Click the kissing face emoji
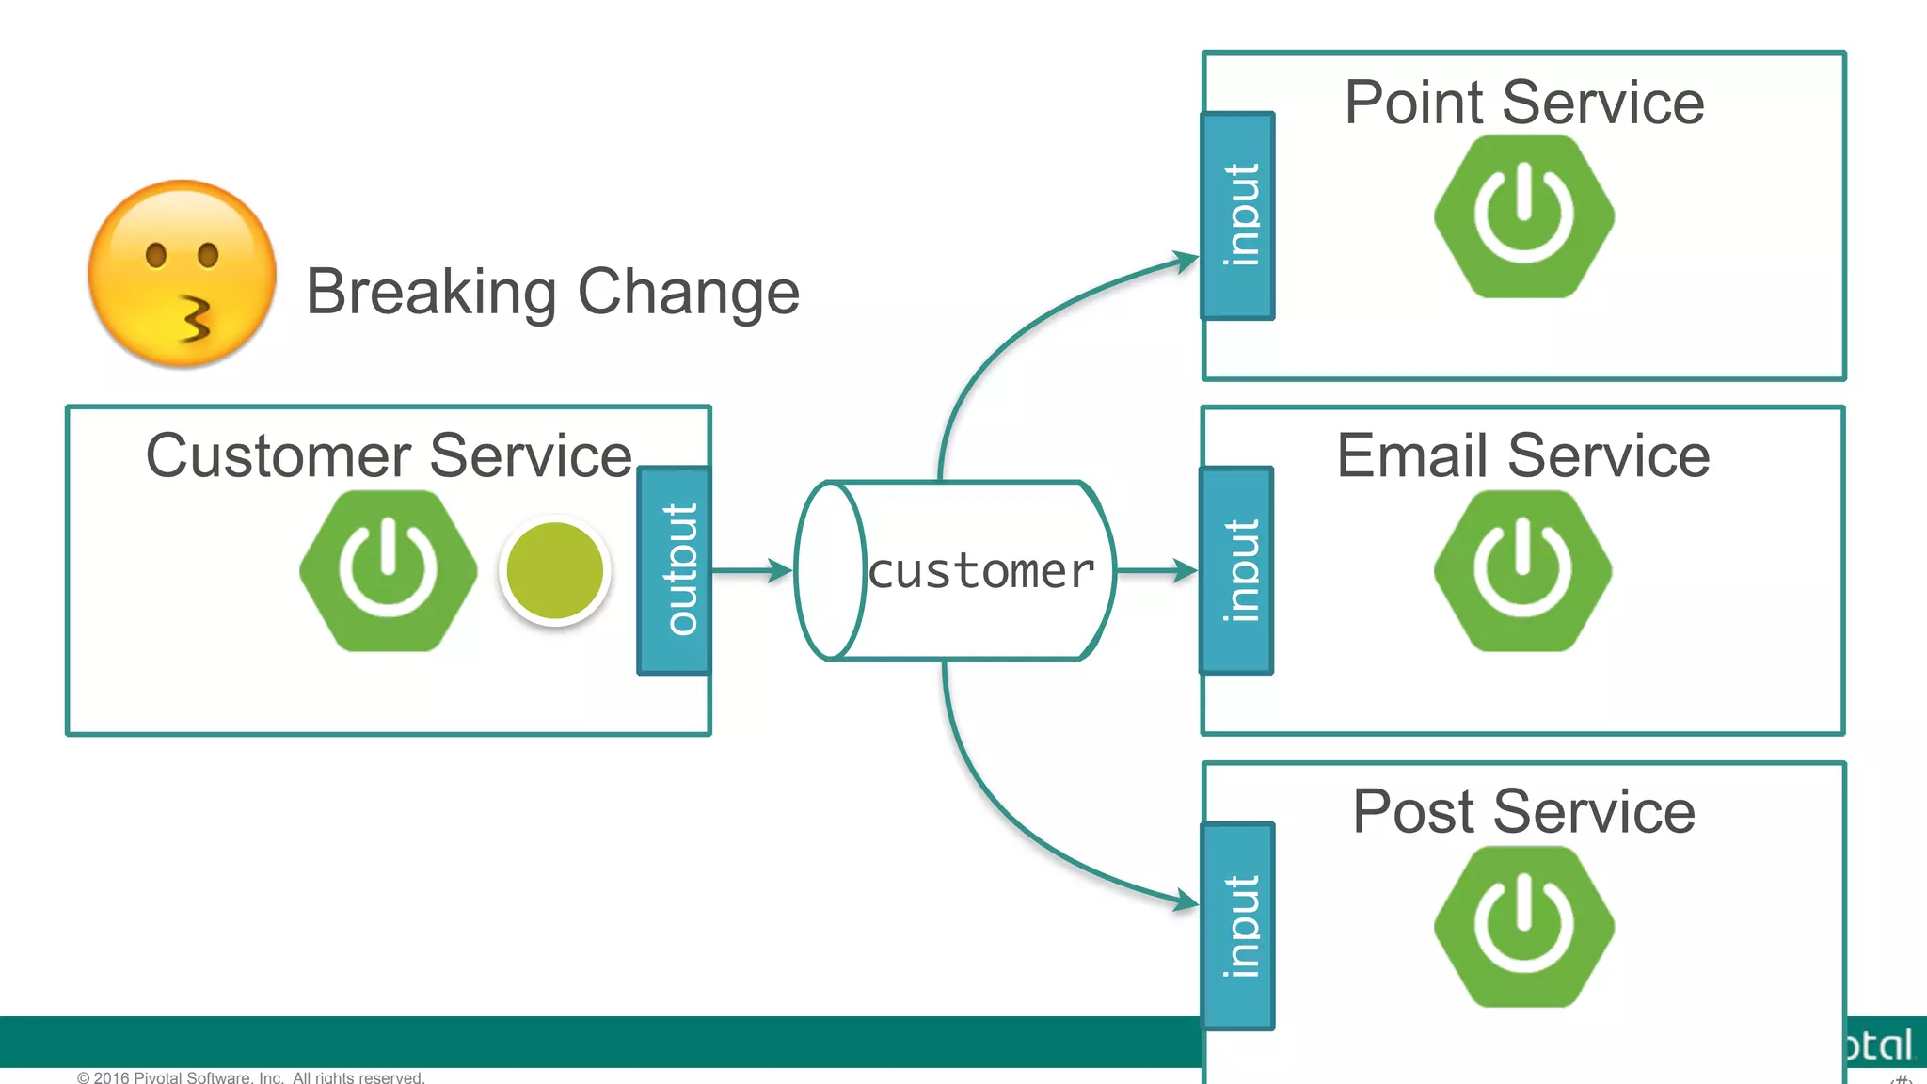pyautogui.click(x=182, y=274)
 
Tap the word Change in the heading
pyautogui.click(x=688, y=293)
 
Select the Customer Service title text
pyautogui.click(x=388, y=456)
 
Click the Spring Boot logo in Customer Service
pyautogui.click(x=388, y=570)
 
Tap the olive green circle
pyautogui.click(x=554, y=570)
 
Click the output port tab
pyautogui.click(x=674, y=570)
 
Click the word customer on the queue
pyautogui.click(x=981, y=571)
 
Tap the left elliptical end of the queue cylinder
pyautogui.click(x=830, y=570)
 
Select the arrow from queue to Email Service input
pyautogui.click(x=1156, y=570)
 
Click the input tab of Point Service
pyautogui.click(x=1238, y=216)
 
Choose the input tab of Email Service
pyautogui.click(x=1237, y=570)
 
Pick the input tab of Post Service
pyautogui.click(x=1238, y=926)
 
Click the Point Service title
pyautogui.click(x=1523, y=103)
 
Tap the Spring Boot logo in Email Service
pyautogui.click(x=1522, y=570)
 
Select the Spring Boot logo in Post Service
pyautogui.click(x=1523, y=926)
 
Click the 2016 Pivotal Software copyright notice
pyautogui.click(x=250, y=1077)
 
